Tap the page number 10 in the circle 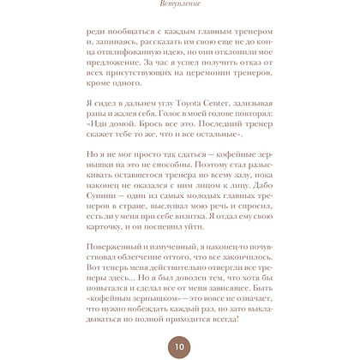point(179,347)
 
